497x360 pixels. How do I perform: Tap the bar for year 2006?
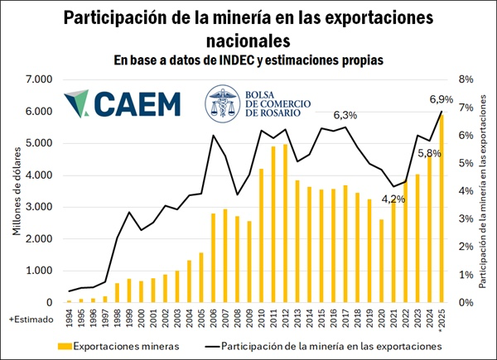click(213, 257)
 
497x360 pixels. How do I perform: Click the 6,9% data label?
click(441, 99)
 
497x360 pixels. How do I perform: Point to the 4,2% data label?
click(393, 199)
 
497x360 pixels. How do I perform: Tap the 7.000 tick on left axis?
click(37, 79)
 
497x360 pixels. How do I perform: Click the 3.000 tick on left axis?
click(37, 207)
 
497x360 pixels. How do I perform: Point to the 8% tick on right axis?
click(466, 79)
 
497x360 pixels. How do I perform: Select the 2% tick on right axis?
click(466, 247)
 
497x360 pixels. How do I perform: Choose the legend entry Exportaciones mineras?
click(117, 345)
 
